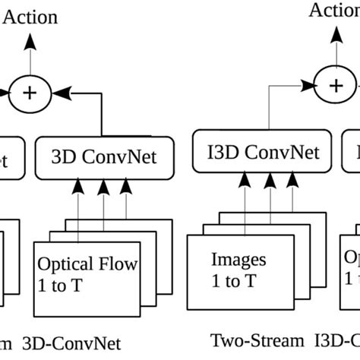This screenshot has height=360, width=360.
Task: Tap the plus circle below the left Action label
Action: point(30,92)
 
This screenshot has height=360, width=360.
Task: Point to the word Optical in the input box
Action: point(64,264)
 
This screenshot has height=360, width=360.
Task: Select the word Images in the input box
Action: point(239,260)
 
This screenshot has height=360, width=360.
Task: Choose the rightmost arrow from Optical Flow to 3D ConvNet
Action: point(122,201)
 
